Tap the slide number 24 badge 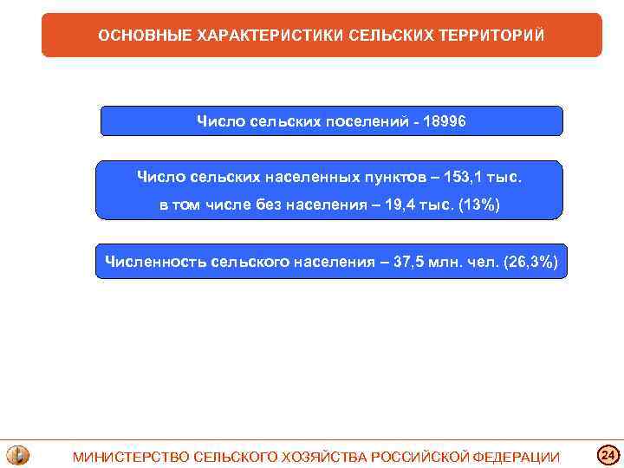(608, 454)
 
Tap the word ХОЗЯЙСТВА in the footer (327, 457)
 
